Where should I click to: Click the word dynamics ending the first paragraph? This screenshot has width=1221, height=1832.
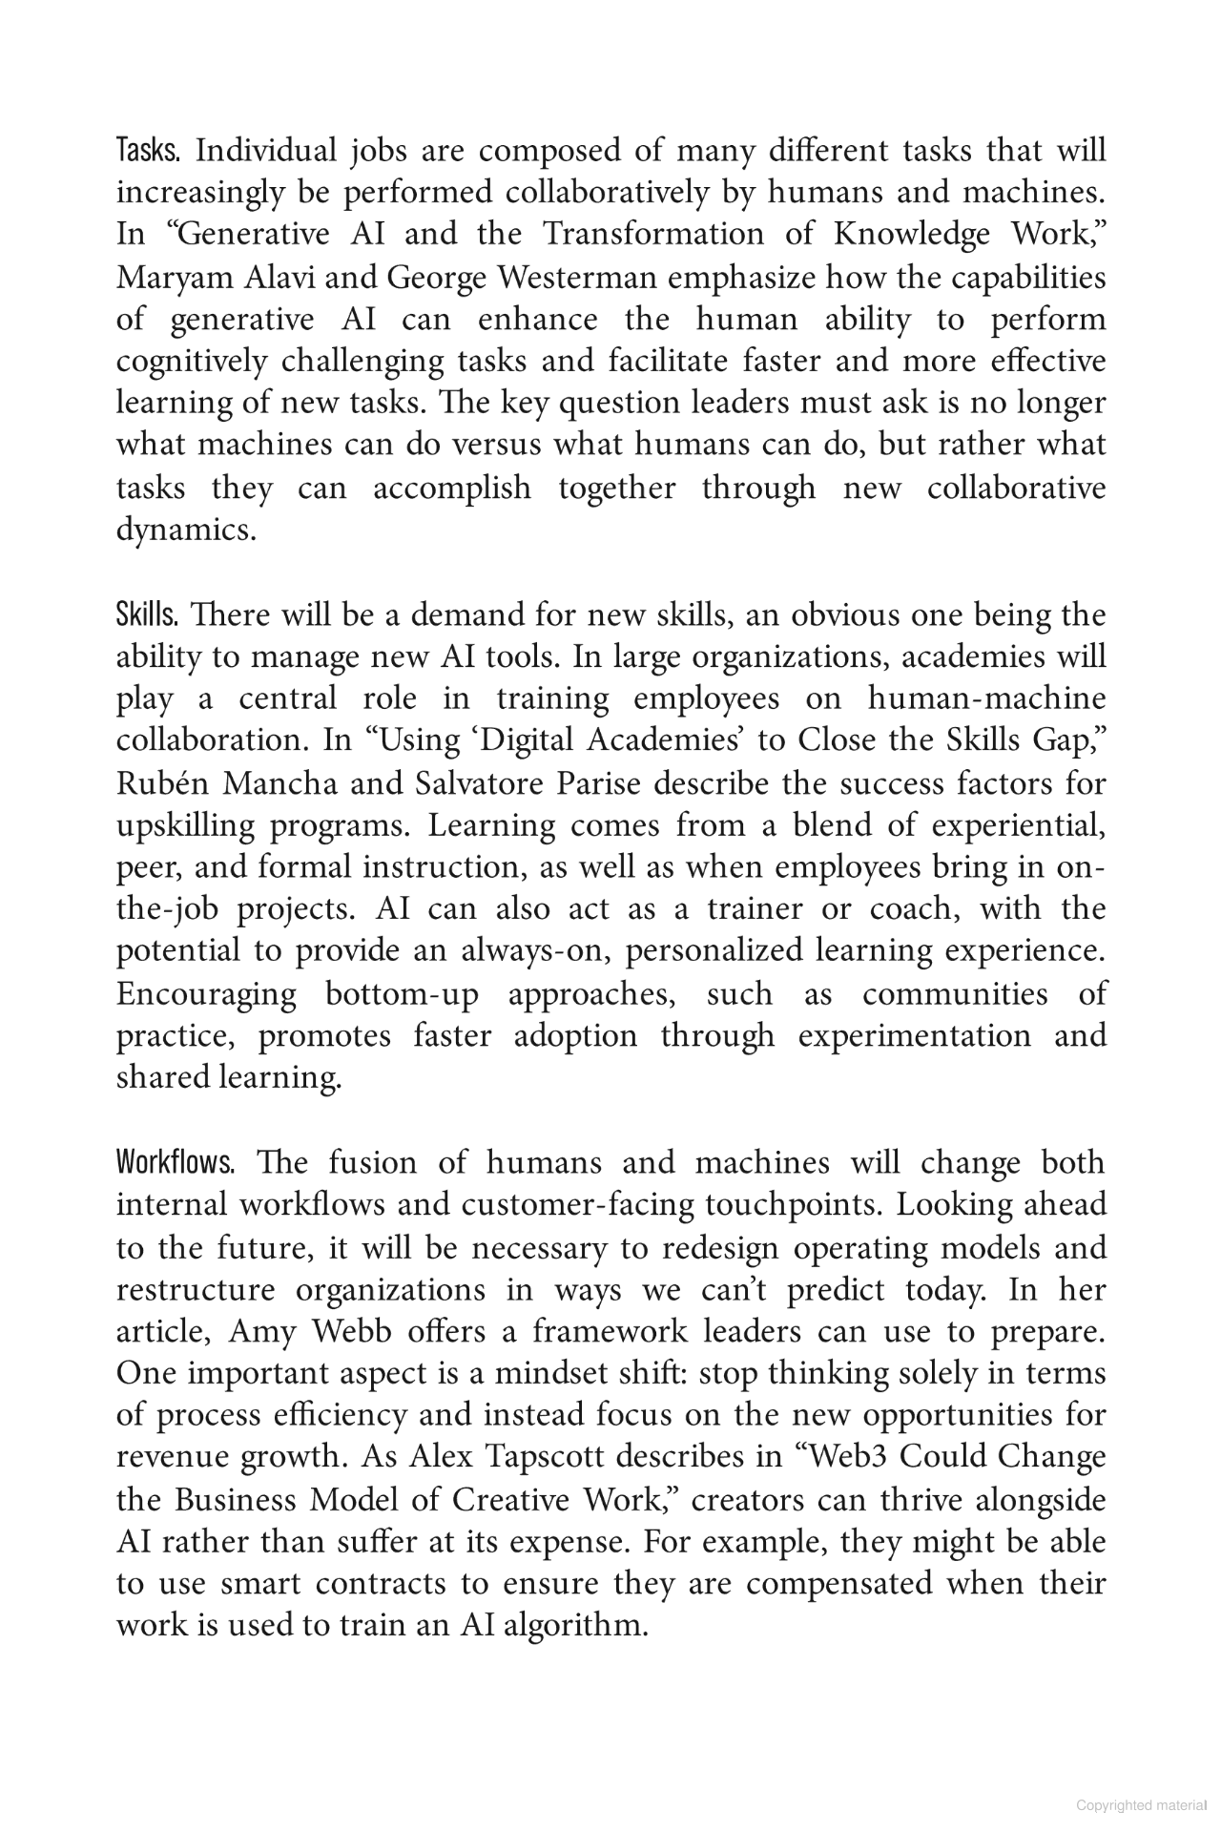[186, 531]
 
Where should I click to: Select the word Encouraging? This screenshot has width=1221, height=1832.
[206, 994]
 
